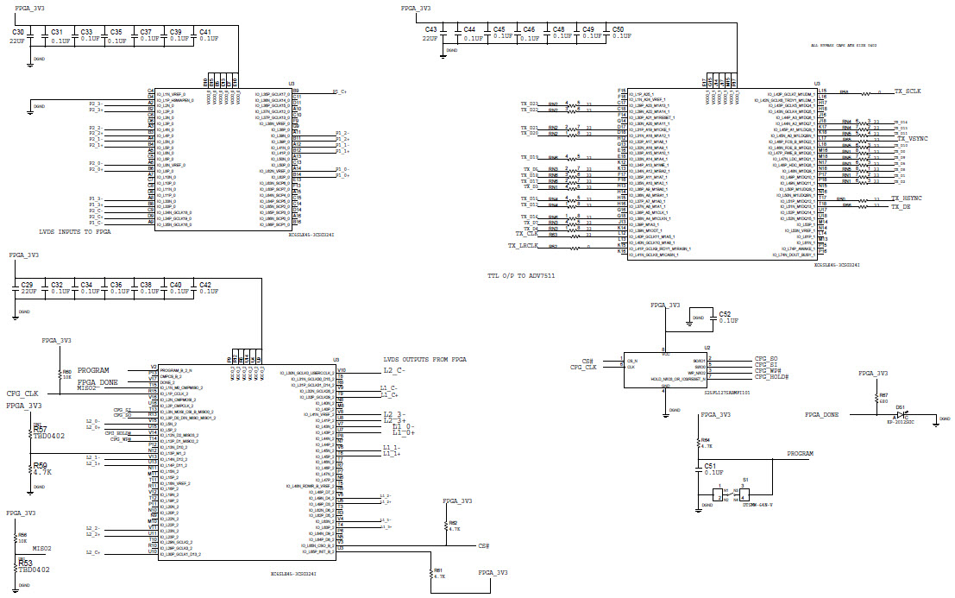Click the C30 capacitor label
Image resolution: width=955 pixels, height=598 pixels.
[x=17, y=31]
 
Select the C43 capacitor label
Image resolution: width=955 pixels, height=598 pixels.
[x=431, y=29]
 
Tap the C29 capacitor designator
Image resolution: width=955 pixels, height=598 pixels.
[x=27, y=284]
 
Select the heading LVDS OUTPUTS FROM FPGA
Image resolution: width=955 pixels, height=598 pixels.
[x=424, y=359]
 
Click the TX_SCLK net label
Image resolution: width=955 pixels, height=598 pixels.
[x=908, y=91]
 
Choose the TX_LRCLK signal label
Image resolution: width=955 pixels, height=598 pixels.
[x=523, y=246]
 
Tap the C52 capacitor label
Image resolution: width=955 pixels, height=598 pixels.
[x=725, y=314]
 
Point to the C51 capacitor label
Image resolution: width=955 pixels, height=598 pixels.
[x=712, y=465]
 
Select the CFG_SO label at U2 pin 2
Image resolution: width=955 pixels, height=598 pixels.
[x=766, y=357]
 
